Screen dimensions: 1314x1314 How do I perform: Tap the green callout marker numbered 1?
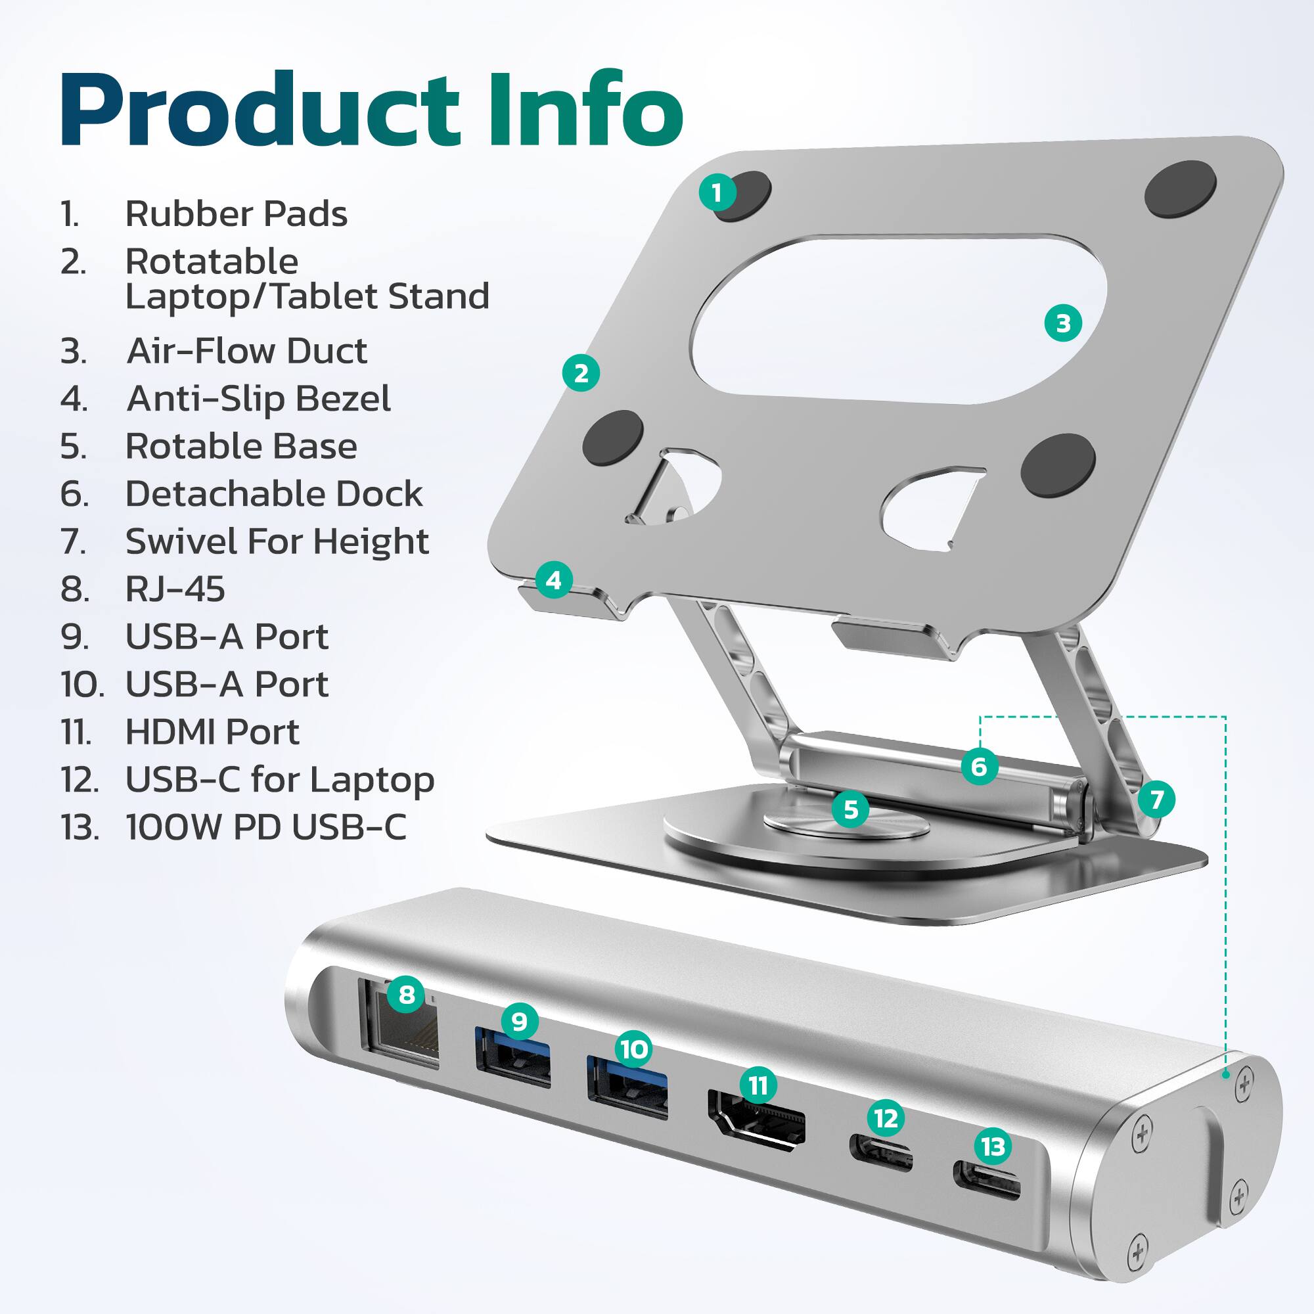click(717, 193)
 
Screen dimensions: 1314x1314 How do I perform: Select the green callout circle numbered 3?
click(1063, 323)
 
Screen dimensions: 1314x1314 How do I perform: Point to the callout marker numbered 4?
click(554, 580)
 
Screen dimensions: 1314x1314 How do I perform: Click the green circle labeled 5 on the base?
click(850, 809)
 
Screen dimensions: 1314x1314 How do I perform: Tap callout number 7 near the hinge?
click(1157, 799)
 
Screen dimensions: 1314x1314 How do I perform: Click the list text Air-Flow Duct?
click(247, 351)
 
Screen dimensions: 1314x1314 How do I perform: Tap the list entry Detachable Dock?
click(273, 494)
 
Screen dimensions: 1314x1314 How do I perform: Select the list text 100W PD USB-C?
click(266, 827)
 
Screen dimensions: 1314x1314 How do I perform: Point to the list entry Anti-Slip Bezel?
click(258, 399)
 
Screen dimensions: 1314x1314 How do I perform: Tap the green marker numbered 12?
click(886, 1118)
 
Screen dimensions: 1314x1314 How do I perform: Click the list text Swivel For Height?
click(277, 541)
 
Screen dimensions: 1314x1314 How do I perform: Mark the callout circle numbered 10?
click(634, 1049)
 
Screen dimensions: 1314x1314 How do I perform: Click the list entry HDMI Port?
click(212, 732)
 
